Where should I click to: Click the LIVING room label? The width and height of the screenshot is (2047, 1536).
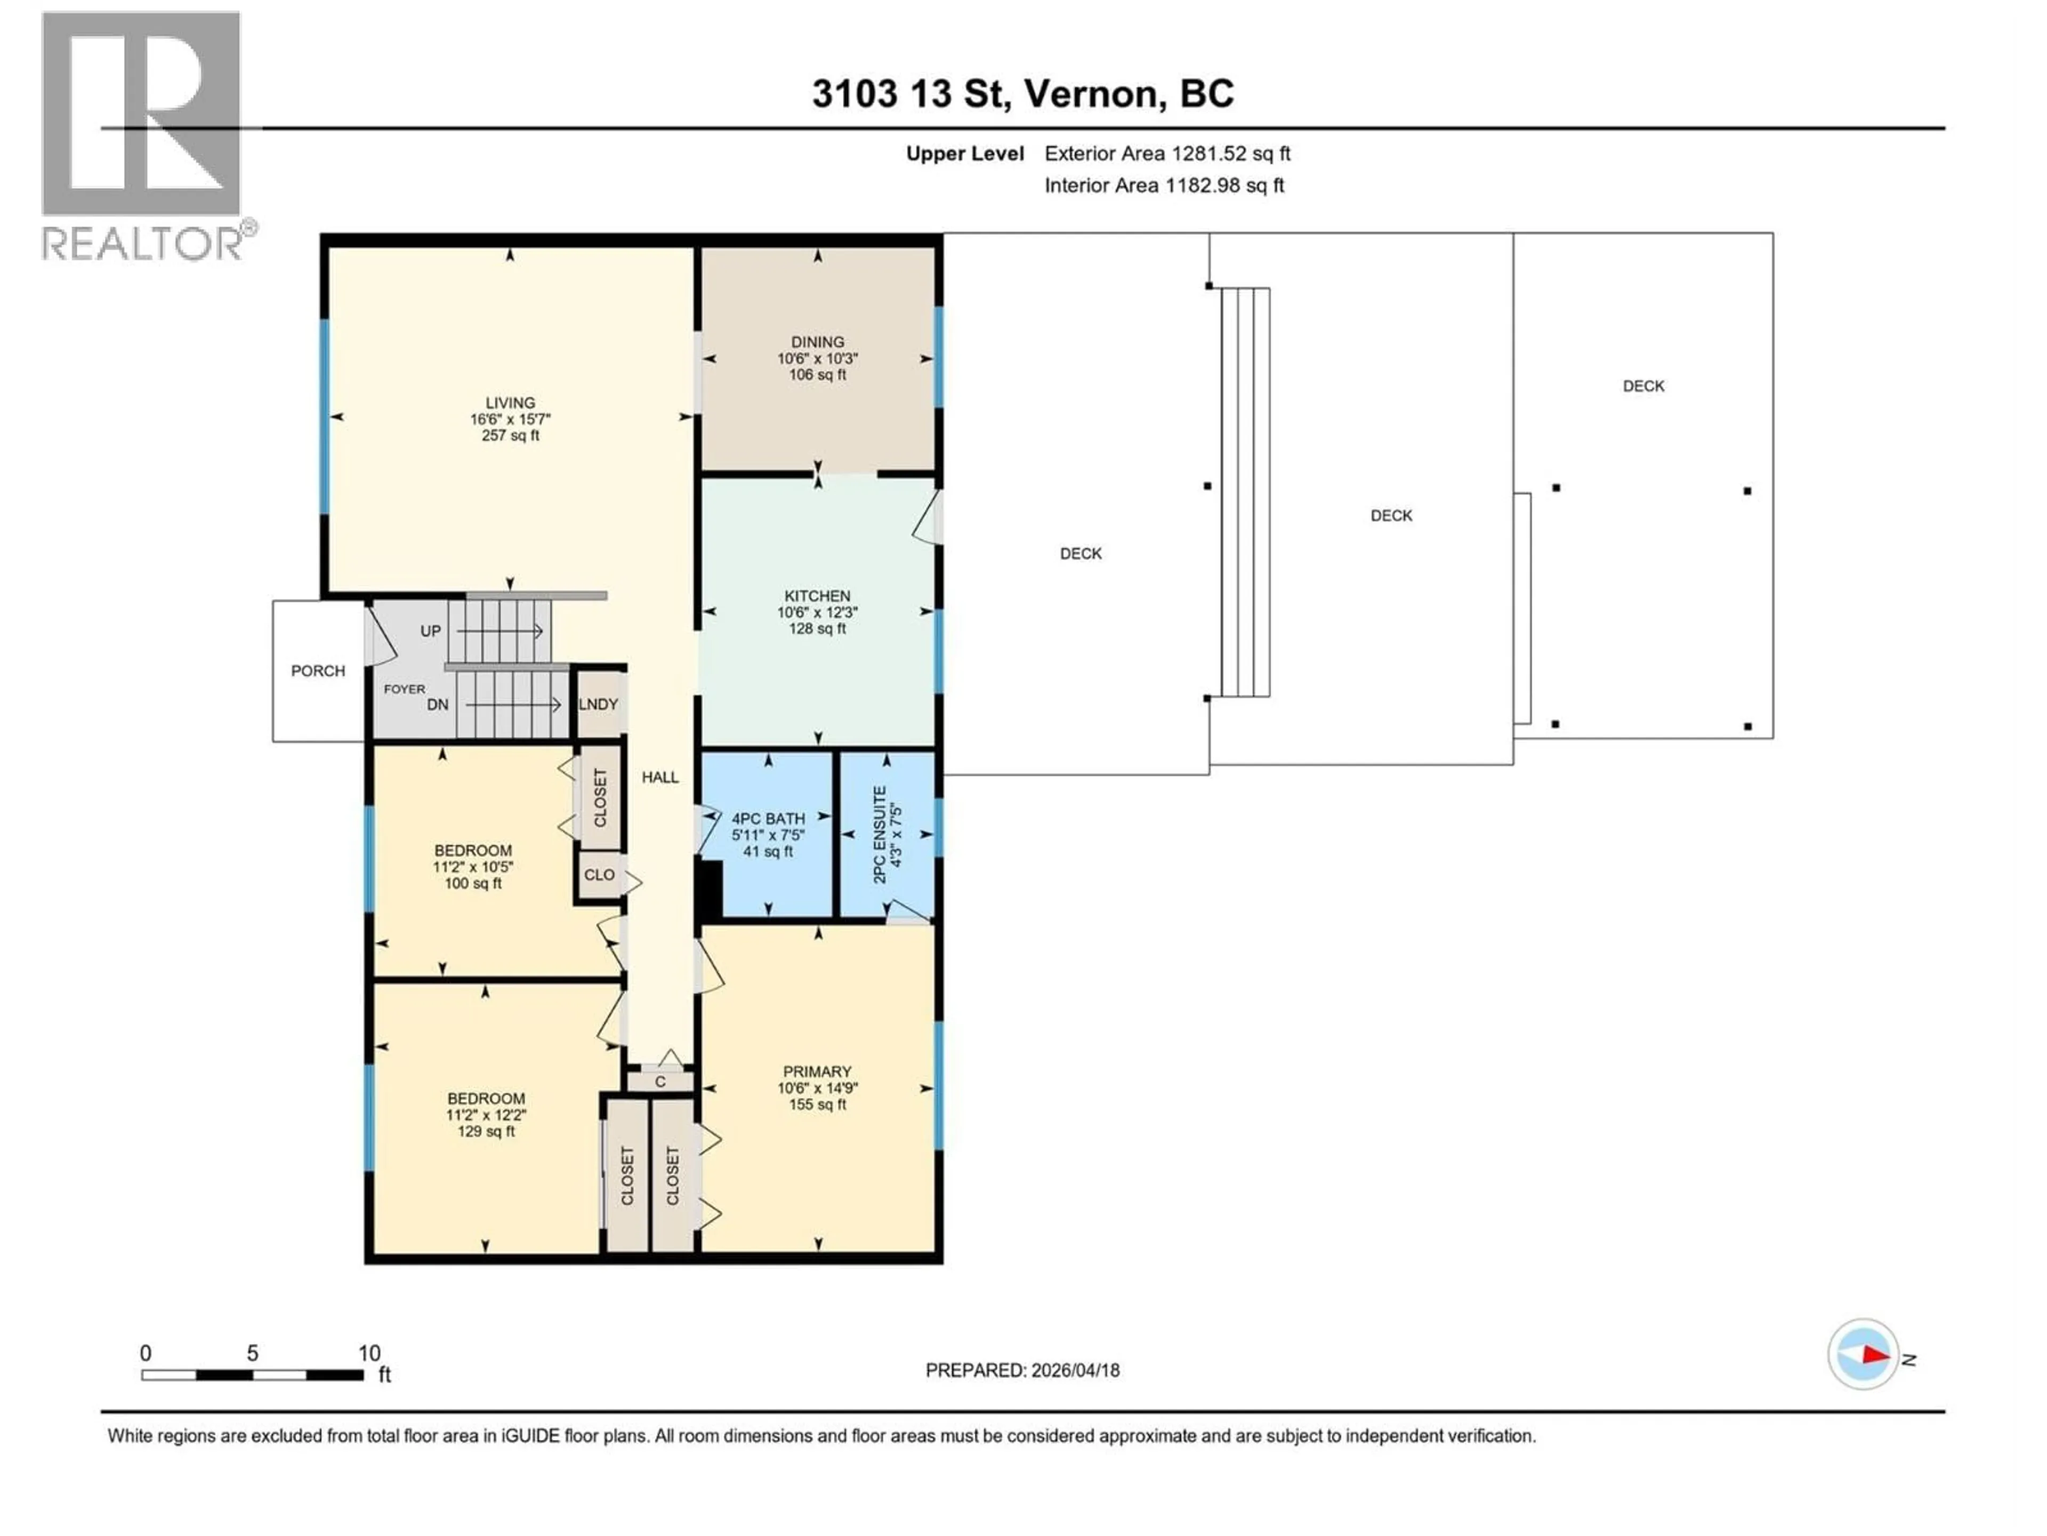pos(510,403)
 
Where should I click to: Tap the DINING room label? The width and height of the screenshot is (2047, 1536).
pos(817,342)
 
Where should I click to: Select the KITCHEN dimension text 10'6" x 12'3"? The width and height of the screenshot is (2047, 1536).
pos(817,612)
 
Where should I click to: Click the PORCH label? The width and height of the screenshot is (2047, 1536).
pos(317,670)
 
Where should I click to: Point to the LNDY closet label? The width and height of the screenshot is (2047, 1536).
pos(598,703)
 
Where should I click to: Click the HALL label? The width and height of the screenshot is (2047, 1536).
pos(660,777)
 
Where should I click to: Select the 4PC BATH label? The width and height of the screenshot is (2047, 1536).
pos(768,819)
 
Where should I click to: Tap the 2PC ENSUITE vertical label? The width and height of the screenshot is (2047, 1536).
pos(880,834)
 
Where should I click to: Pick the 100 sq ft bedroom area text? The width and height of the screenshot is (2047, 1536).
pos(473,883)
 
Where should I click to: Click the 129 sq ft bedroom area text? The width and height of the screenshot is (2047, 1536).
pos(486,1131)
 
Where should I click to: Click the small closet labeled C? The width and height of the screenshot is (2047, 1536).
pos(660,1082)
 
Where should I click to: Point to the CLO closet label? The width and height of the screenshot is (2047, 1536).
pos(599,875)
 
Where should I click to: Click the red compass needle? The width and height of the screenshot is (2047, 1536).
pos(1875,1355)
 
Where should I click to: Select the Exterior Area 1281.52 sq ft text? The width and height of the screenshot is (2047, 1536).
pos(1167,154)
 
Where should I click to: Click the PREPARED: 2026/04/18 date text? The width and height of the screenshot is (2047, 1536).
pos(1022,1370)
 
